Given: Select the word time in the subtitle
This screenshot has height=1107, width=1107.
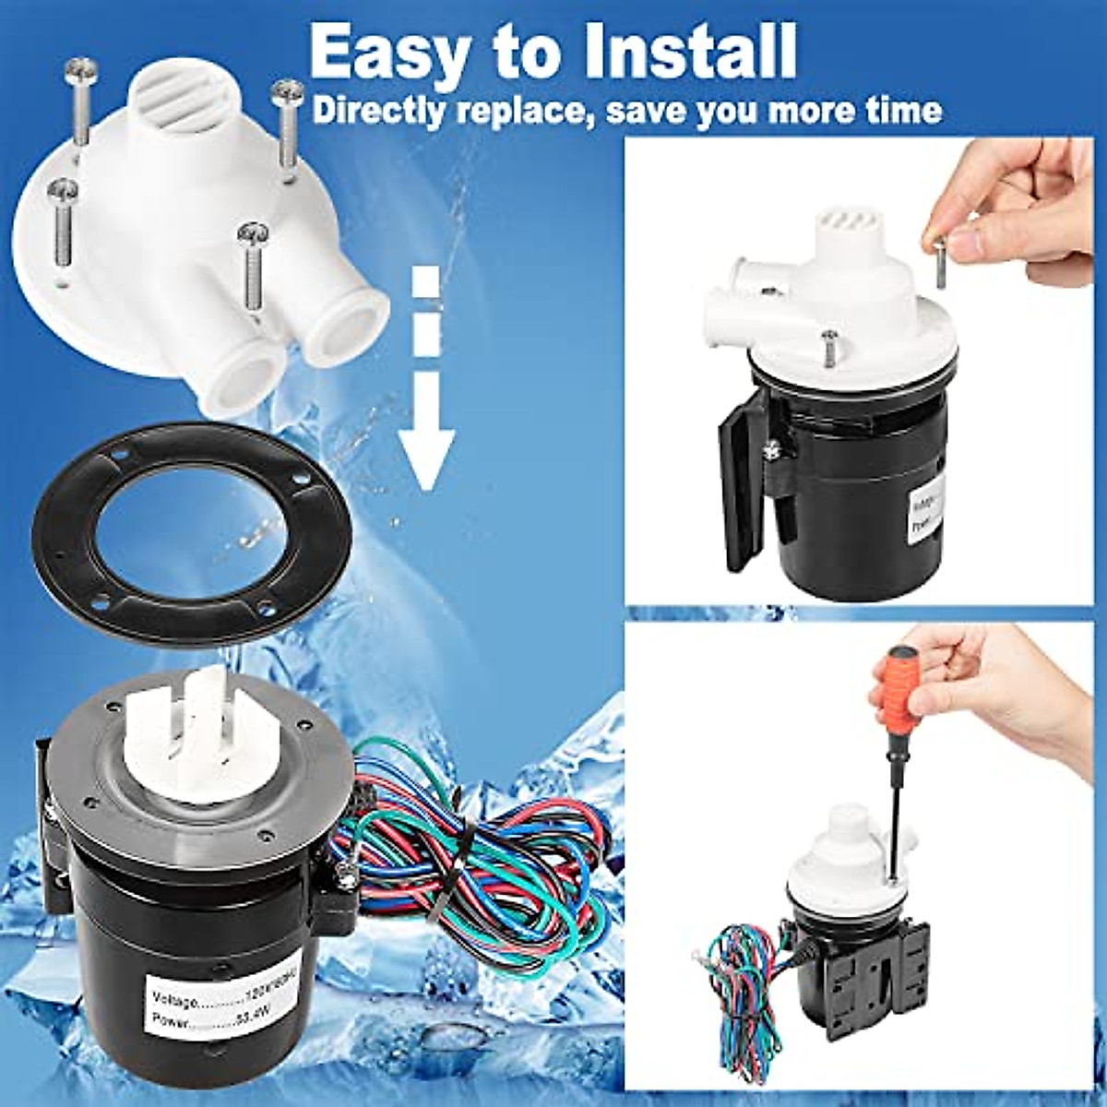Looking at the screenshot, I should tap(899, 111).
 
